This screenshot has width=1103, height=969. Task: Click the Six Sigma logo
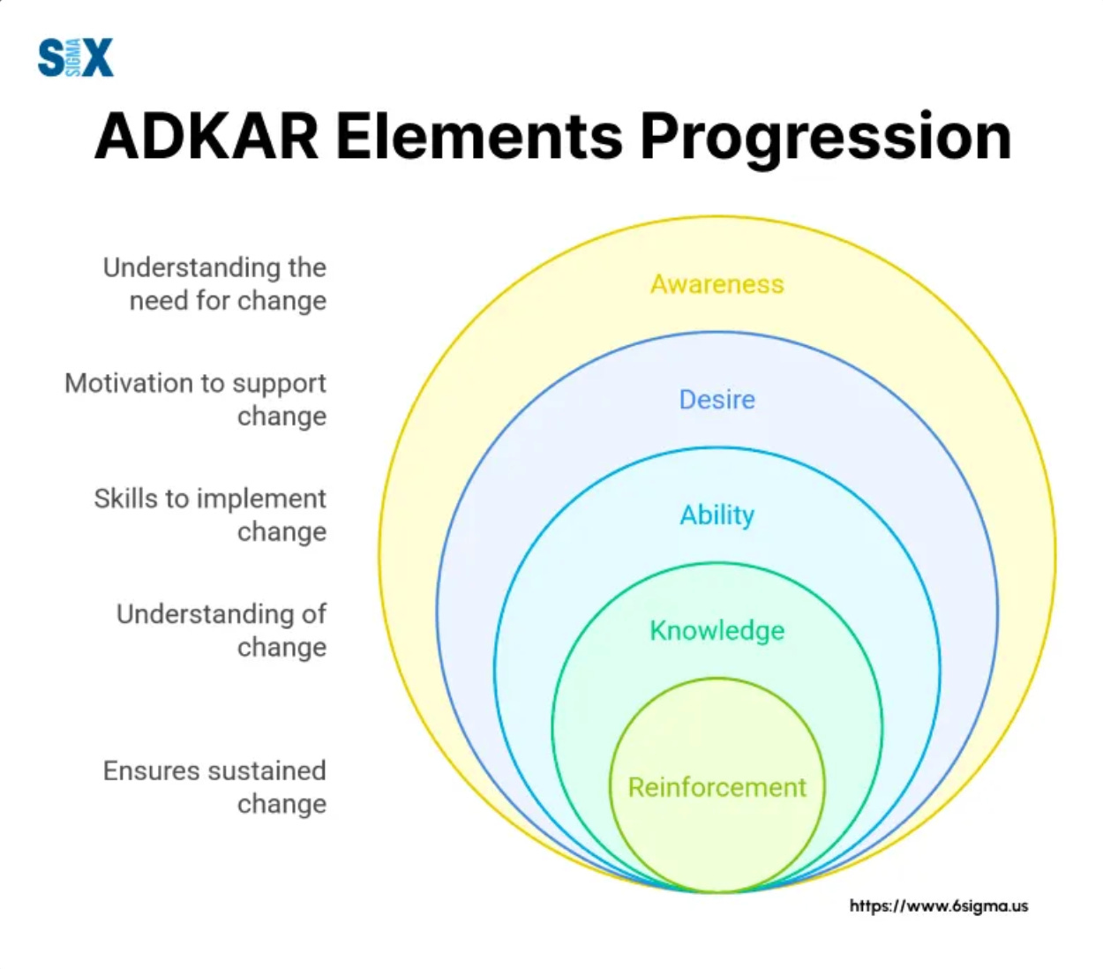pyautogui.click(x=76, y=58)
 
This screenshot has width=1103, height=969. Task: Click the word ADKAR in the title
pyautogui.click(x=206, y=137)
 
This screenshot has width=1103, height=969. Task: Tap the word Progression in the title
pyautogui.click(x=825, y=139)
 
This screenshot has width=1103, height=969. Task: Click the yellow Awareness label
pyautogui.click(x=717, y=284)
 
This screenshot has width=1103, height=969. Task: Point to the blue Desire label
pyautogui.click(x=717, y=400)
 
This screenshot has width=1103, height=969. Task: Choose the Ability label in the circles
pyautogui.click(x=717, y=515)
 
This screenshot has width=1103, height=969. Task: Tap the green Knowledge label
pyautogui.click(x=717, y=630)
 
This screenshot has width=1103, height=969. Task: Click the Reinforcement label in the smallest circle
pyautogui.click(x=717, y=787)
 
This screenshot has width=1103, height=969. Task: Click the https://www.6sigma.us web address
pyautogui.click(x=938, y=905)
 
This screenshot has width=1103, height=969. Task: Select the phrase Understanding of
pyautogui.click(x=221, y=614)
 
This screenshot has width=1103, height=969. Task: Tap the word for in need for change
pyautogui.click(x=213, y=301)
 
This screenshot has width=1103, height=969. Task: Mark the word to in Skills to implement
pyautogui.click(x=177, y=499)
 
